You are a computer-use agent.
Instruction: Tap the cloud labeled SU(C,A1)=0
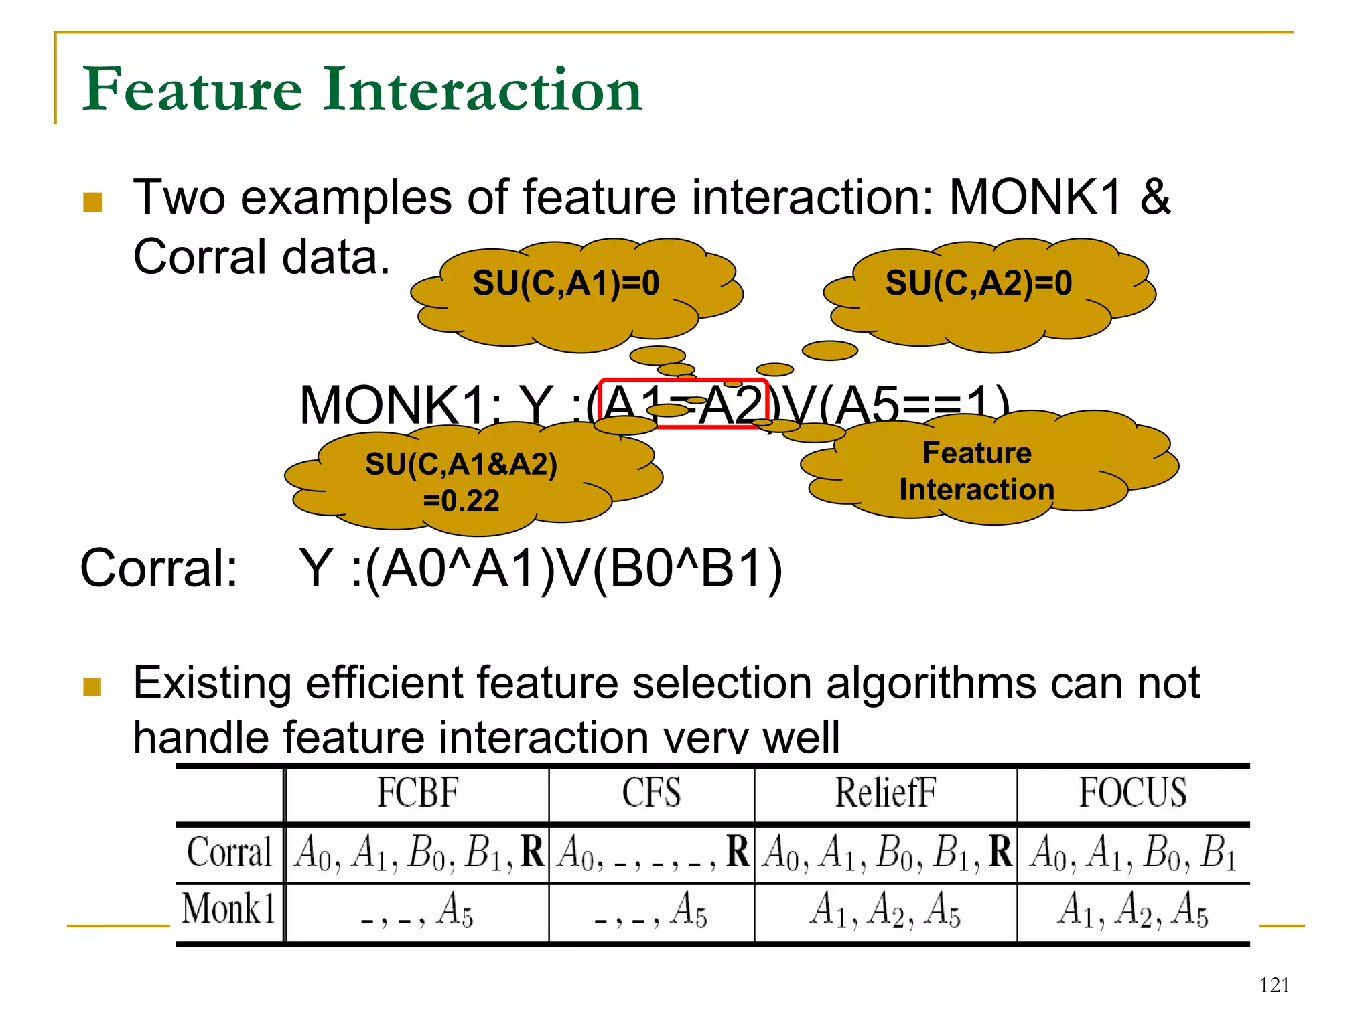pyautogui.click(x=566, y=283)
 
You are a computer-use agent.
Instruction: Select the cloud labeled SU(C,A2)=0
pyautogui.click(x=979, y=283)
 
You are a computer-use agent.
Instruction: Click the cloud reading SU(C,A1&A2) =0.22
pyautogui.click(x=461, y=481)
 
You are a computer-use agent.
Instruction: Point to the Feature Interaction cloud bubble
pyautogui.click(x=977, y=471)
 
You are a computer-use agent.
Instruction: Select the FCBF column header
pyautogui.click(x=417, y=793)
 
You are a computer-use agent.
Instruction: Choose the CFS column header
pyautogui.click(x=651, y=793)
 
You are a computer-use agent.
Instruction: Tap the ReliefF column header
pyautogui.click(x=885, y=793)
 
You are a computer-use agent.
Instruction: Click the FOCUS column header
pyautogui.click(x=1133, y=793)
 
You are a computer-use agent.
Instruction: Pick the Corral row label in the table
pyautogui.click(x=229, y=852)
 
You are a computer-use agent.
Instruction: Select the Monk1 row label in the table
pyautogui.click(x=229, y=909)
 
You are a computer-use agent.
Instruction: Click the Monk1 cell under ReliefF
pyautogui.click(x=885, y=911)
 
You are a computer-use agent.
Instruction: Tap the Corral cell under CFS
pyautogui.click(x=651, y=852)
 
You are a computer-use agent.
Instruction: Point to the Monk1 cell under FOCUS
pyautogui.click(x=1133, y=911)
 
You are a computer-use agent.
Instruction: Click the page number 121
pyautogui.click(x=1274, y=985)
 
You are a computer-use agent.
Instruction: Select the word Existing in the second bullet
pyautogui.click(x=212, y=684)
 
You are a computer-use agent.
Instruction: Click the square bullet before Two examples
pyautogui.click(x=92, y=202)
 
